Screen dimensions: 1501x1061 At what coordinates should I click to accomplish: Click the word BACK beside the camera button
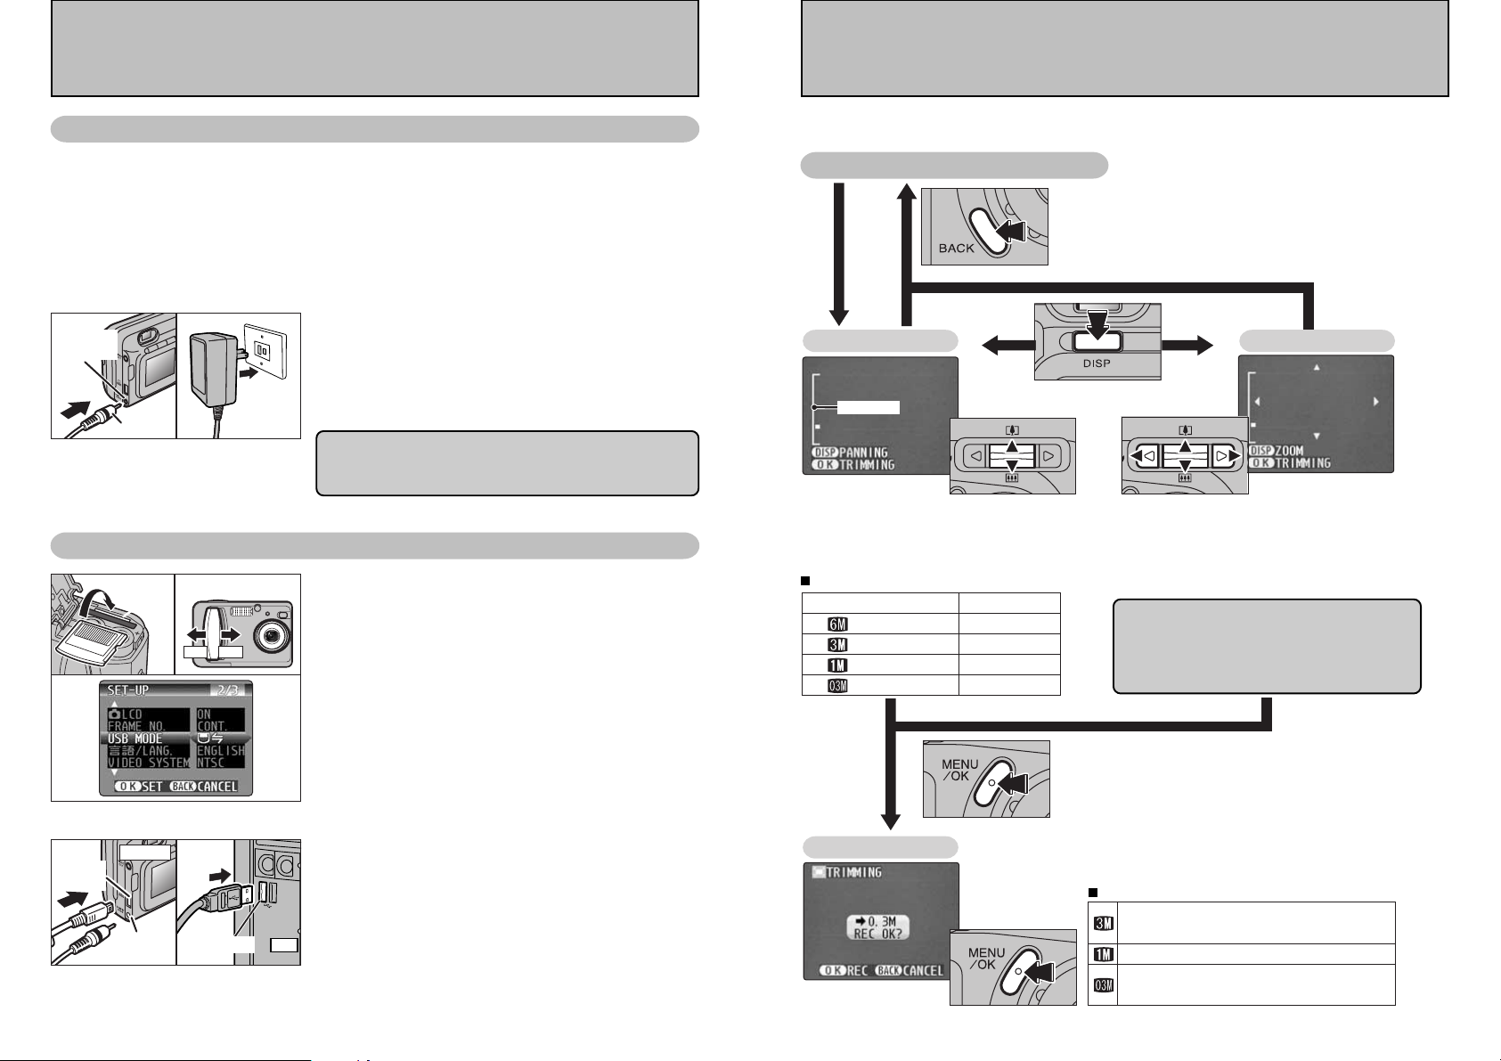[957, 249]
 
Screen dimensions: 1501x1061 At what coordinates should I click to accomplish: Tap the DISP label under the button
[1097, 363]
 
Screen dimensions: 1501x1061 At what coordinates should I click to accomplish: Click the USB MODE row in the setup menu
[135, 739]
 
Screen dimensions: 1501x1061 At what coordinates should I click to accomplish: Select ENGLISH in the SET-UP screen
[221, 750]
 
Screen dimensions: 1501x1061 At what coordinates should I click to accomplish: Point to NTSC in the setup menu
[211, 763]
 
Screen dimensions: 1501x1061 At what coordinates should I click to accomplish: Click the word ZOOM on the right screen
[1289, 452]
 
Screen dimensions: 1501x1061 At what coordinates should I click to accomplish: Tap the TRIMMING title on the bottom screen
[853, 873]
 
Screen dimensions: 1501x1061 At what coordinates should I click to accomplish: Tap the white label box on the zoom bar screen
[869, 407]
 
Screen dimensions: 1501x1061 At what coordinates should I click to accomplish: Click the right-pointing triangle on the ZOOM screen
[1375, 403]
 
